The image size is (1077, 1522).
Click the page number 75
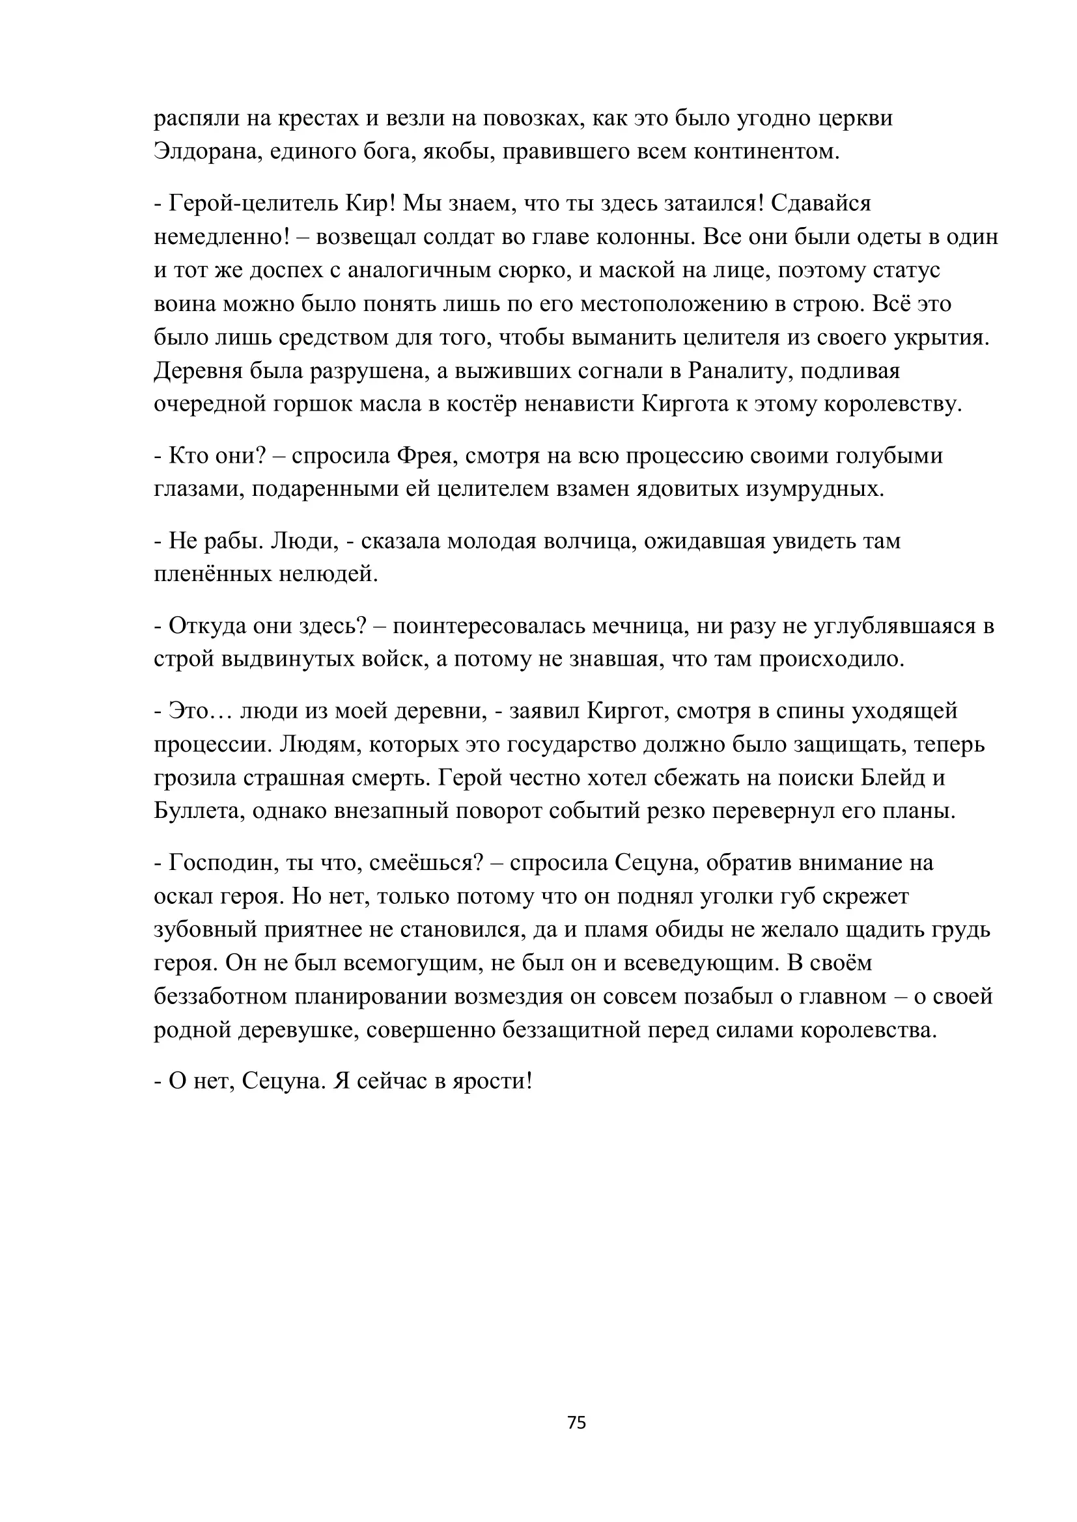(576, 1422)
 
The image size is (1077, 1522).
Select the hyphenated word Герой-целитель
(254, 203)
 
